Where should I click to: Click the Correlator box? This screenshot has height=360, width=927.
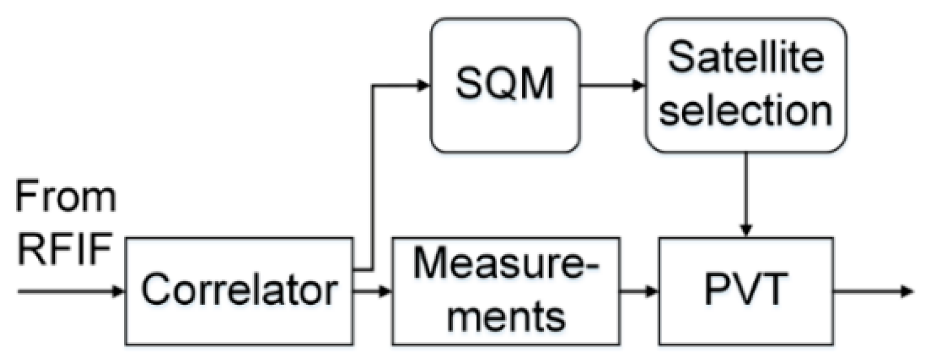(x=239, y=291)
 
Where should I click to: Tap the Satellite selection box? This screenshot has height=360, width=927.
(x=746, y=85)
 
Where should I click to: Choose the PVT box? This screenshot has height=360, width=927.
(x=746, y=291)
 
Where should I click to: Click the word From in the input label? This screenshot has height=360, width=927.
(x=65, y=196)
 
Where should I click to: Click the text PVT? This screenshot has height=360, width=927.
(x=746, y=291)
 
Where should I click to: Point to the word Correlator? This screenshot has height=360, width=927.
(x=239, y=291)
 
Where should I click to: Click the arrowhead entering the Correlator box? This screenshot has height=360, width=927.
(x=118, y=291)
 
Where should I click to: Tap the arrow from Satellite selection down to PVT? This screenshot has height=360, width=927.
(x=746, y=194)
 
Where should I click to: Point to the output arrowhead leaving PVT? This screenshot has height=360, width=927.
(x=908, y=291)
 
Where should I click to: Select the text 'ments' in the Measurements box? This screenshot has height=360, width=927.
(x=506, y=316)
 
